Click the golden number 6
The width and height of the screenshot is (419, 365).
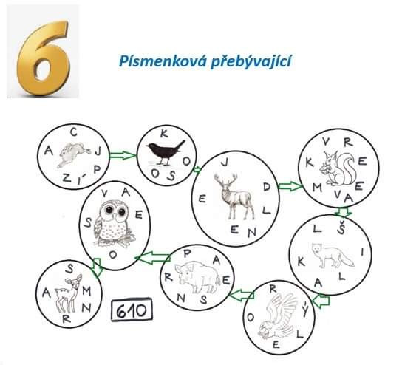pyautogui.click(x=44, y=58)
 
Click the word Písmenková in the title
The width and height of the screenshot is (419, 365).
pyautogui.click(x=163, y=61)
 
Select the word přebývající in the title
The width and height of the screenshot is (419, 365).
pyautogui.click(x=251, y=62)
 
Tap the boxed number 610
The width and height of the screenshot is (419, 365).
pyautogui.click(x=132, y=310)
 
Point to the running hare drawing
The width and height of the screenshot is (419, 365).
pyautogui.click(x=73, y=154)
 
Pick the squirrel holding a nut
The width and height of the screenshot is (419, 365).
pyautogui.click(x=338, y=168)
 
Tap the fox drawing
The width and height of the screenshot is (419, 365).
pyautogui.click(x=333, y=255)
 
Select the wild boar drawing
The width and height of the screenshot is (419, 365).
pyautogui.click(x=197, y=277)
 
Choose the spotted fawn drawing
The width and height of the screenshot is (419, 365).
pyautogui.click(x=69, y=293)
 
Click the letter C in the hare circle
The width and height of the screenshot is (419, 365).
pyautogui.click(x=74, y=132)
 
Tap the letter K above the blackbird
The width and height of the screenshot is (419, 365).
pyautogui.click(x=164, y=133)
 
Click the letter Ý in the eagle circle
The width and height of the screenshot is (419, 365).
pyautogui.click(x=305, y=310)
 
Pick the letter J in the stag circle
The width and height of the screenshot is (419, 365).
pyautogui.click(x=225, y=162)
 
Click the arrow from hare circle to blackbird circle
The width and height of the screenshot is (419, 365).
pyautogui.click(x=123, y=155)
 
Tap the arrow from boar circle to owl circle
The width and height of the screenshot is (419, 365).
pyautogui.click(x=153, y=258)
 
